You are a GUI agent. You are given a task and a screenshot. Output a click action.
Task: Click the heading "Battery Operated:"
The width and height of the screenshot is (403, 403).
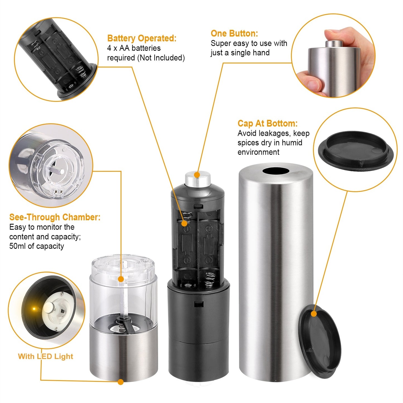coord(142,38)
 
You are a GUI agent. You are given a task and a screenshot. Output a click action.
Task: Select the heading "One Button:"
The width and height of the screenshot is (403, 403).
coord(234,33)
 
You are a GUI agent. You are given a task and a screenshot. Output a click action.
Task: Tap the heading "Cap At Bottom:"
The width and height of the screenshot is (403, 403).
coord(267,123)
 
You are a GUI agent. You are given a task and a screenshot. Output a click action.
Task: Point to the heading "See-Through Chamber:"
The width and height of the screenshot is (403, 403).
coord(55,217)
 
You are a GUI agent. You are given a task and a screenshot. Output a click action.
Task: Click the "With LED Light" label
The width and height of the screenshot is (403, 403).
coord(45,356)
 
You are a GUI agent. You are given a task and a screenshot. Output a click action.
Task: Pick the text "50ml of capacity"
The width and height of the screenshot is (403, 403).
coord(37,246)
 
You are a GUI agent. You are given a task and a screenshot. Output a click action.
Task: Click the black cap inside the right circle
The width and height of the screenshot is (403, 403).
coord(357,151)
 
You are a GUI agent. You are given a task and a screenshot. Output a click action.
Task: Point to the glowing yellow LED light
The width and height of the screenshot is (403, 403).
coord(34,309)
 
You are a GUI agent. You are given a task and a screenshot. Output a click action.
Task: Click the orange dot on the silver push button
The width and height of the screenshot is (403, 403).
coord(197,175)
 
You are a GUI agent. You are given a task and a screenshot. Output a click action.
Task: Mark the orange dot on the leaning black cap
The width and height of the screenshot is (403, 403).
coord(314,314)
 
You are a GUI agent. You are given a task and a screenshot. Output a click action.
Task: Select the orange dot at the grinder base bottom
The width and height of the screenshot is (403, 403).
coord(120,382)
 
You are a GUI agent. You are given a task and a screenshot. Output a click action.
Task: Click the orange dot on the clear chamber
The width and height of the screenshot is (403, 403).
coord(121,279)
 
